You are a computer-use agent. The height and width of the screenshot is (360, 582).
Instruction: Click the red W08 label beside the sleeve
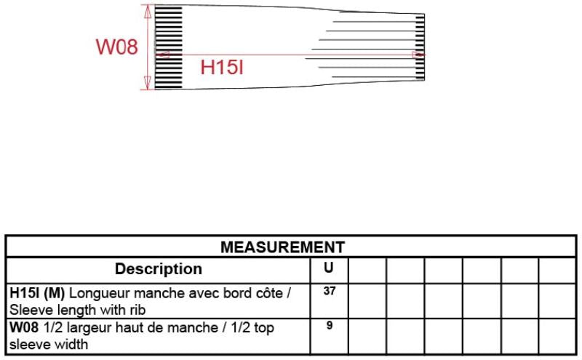[x=117, y=47]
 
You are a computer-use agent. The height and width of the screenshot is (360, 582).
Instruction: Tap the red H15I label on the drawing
[x=222, y=68]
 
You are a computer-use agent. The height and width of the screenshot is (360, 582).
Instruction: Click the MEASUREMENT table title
[x=283, y=247]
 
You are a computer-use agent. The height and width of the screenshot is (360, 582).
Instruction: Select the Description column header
[x=159, y=269]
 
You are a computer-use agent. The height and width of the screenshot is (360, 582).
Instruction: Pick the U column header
[x=329, y=268]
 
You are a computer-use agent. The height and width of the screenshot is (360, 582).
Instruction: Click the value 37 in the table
[x=330, y=291]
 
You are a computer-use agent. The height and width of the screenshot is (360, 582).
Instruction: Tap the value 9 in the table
[x=330, y=326]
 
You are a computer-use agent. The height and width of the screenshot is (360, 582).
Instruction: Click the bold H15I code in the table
[x=25, y=293]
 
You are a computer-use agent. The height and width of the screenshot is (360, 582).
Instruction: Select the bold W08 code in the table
[x=24, y=328]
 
